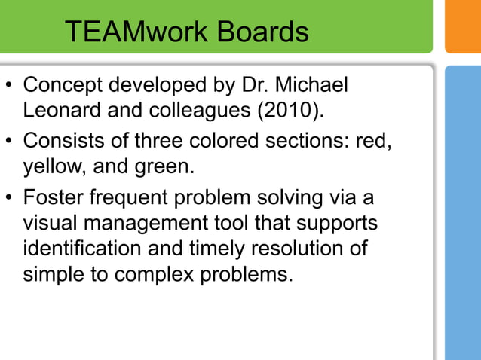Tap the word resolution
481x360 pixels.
pos(290,249)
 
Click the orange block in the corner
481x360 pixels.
pos(463,26)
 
